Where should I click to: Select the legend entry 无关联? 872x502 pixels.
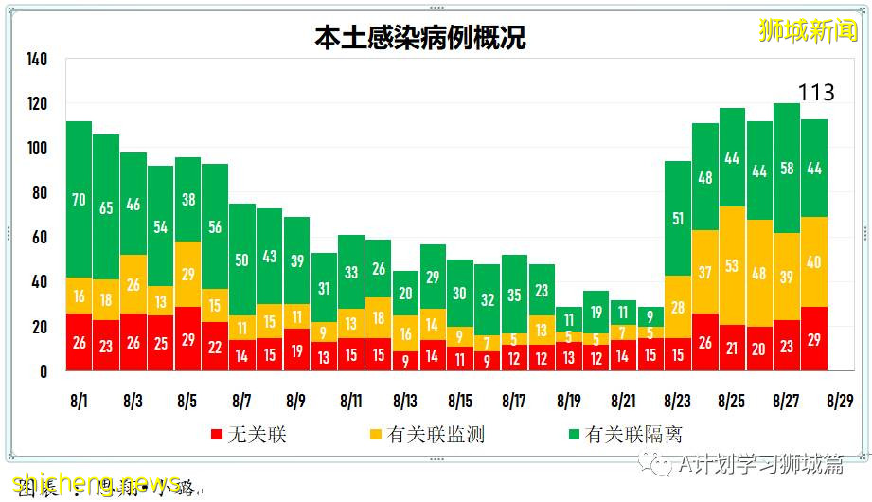pyautogui.click(x=249, y=434)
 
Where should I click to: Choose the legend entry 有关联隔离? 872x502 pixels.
pyautogui.click(x=622, y=434)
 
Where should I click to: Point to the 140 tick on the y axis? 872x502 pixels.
pyautogui.click(x=36, y=59)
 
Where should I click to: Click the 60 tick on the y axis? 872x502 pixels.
pyautogui.click(x=39, y=238)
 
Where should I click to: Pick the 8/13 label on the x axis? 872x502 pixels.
pyautogui.click(x=405, y=401)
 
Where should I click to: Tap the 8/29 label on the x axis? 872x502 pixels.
pyautogui.click(x=840, y=401)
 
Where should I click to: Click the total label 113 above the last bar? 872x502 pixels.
pyautogui.click(x=815, y=92)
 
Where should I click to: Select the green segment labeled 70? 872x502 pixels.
pyautogui.click(x=79, y=200)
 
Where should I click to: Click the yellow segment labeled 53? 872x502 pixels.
pyautogui.click(x=732, y=265)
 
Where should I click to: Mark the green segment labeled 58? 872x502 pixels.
pyautogui.click(x=787, y=169)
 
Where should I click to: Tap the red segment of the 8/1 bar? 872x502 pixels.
pyautogui.click(x=79, y=342)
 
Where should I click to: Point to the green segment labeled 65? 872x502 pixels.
pyautogui.click(x=106, y=206)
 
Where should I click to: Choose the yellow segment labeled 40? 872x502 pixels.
pyautogui.click(x=814, y=262)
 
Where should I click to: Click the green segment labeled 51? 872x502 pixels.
pyautogui.click(x=677, y=219)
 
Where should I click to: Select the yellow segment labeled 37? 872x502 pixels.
pyautogui.click(x=704, y=272)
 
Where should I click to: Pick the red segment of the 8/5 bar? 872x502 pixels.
pyautogui.click(x=187, y=338)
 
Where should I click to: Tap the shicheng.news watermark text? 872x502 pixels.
pyautogui.click(x=95, y=481)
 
